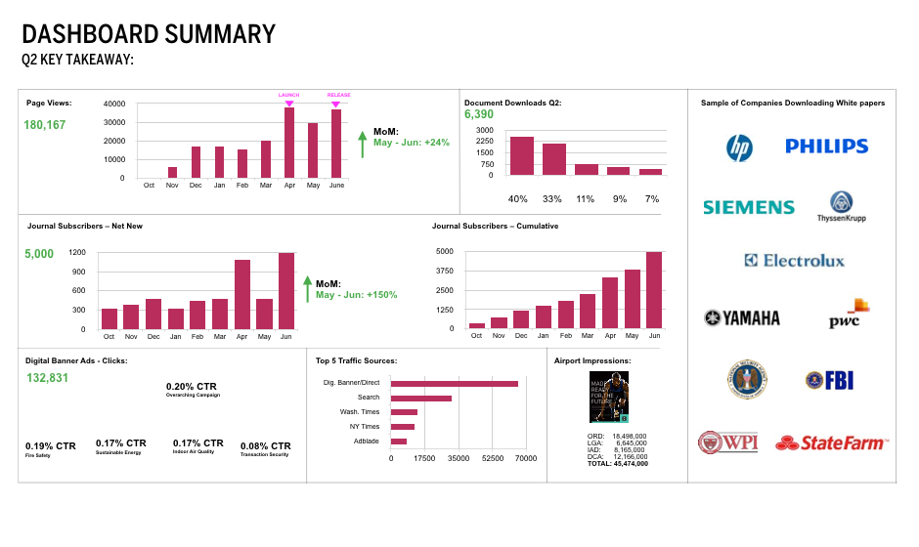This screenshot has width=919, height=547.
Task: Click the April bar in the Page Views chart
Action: (289, 143)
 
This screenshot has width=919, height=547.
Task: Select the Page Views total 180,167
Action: (45, 125)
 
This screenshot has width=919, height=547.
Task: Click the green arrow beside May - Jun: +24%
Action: (362, 143)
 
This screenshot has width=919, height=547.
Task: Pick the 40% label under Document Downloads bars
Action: (518, 199)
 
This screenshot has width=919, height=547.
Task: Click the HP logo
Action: (740, 147)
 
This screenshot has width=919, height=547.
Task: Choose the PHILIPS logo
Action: (826, 147)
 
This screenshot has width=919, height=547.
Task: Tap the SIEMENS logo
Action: (749, 207)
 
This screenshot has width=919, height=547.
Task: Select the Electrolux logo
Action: (794, 261)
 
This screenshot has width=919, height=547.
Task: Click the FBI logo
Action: (830, 381)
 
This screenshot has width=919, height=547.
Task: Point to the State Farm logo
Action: (832, 443)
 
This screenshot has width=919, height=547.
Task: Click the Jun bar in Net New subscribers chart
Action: (286, 291)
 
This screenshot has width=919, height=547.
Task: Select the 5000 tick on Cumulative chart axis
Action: (444, 251)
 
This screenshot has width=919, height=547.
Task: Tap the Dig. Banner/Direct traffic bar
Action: (455, 383)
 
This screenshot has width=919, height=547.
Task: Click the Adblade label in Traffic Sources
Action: (366, 442)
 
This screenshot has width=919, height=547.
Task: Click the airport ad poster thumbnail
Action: (601, 397)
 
